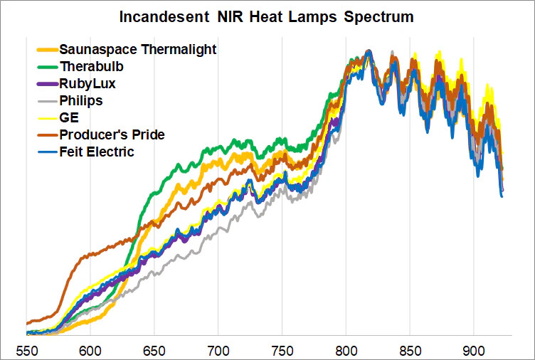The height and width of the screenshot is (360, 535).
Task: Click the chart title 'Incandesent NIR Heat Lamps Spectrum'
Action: pyautogui.click(x=266, y=16)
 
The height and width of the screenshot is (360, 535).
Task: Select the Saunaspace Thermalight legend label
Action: pyautogui.click(x=138, y=50)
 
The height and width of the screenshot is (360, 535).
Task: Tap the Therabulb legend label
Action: pyautogui.click(x=90, y=67)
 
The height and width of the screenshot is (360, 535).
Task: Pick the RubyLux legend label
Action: pyautogui.click(x=87, y=84)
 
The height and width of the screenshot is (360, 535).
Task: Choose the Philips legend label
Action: pyautogui.click(x=81, y=100)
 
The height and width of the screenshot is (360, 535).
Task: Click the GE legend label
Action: pyautogui.click(x=69, y=117)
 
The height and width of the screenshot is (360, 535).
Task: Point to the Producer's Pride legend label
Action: pyautogui.click(x=112, y=134)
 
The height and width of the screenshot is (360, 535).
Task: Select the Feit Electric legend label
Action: pyautogui.click(x=97, y=152)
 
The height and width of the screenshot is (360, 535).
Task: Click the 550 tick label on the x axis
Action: pyautogui.click(x=26, y=351)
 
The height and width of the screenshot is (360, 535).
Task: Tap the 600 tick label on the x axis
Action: pyautogui.click(x=90, y=351)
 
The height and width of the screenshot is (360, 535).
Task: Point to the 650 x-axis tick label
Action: pyautogui.click(x=154, y=351)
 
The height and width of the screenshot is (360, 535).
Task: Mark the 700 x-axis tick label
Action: pyautogui.click(x=218, y=351)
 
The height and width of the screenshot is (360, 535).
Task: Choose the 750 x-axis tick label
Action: pyautogui.click(x=282, y=351)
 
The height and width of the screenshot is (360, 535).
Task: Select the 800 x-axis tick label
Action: pyautogui.click(x=346, y=351)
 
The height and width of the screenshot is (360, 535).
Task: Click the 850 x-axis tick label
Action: pyautogui.click(x=410, y=351)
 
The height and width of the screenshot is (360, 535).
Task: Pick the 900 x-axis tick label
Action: pyautogui.click(x=474, y=351)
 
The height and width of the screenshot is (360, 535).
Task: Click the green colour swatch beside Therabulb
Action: pyautogui.click(x=47, y=67)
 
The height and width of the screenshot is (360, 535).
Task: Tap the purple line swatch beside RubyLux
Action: pyautogui.click(x=47, y=84)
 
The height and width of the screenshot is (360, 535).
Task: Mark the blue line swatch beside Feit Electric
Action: pyautogui.click(x=47, y=152)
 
